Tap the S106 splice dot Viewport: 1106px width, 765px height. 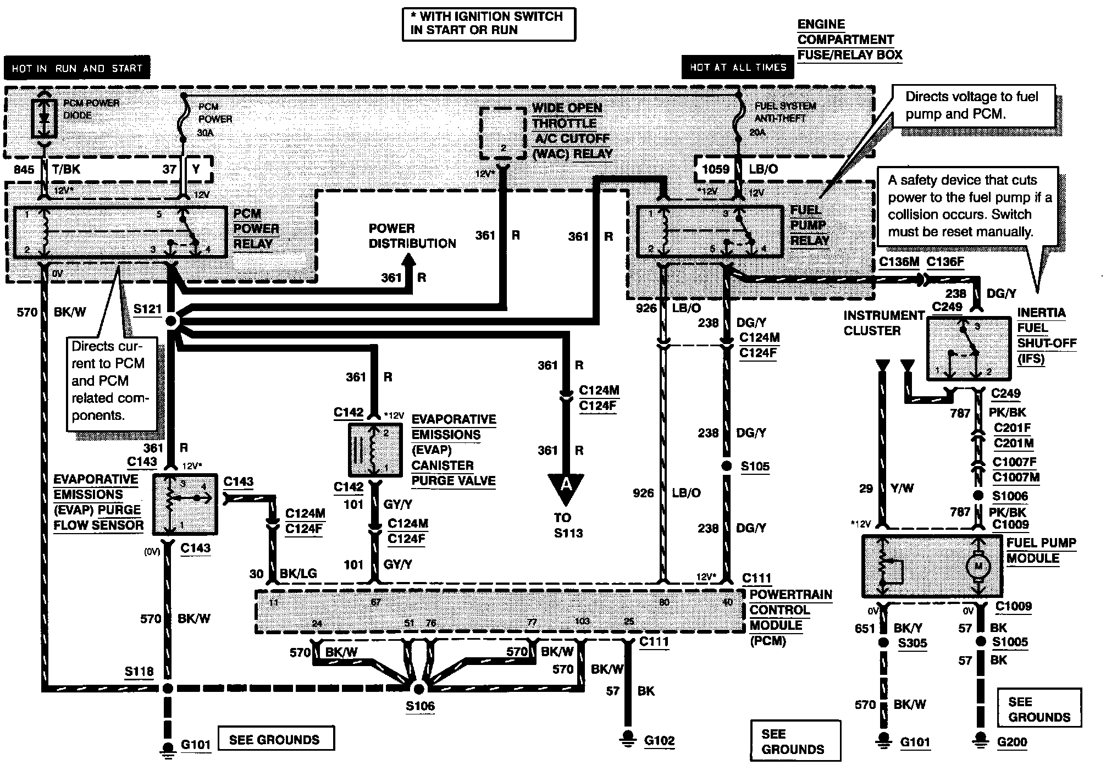tap(418, 689)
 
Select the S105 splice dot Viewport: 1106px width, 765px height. tap(727, 466)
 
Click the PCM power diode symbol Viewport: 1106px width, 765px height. tap(43, 119)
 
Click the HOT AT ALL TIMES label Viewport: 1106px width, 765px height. tap(738, 68)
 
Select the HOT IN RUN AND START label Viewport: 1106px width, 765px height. tap(77, 69)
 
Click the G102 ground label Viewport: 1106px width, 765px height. tap(659, 741)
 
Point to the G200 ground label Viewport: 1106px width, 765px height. tap(1012, 742)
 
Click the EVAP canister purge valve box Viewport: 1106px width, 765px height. tap(375, 450)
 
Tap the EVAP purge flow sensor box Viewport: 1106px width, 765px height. tap(185, 503)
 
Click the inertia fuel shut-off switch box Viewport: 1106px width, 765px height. tap(969, 349)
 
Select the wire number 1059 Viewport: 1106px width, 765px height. tap(716, 169)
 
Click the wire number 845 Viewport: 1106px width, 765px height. tap(24, 169)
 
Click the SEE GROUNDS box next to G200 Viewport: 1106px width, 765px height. tap(1039, 709)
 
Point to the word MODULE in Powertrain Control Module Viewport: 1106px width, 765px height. tap(776, 625)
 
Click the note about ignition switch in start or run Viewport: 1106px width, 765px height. tap(489, 24)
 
